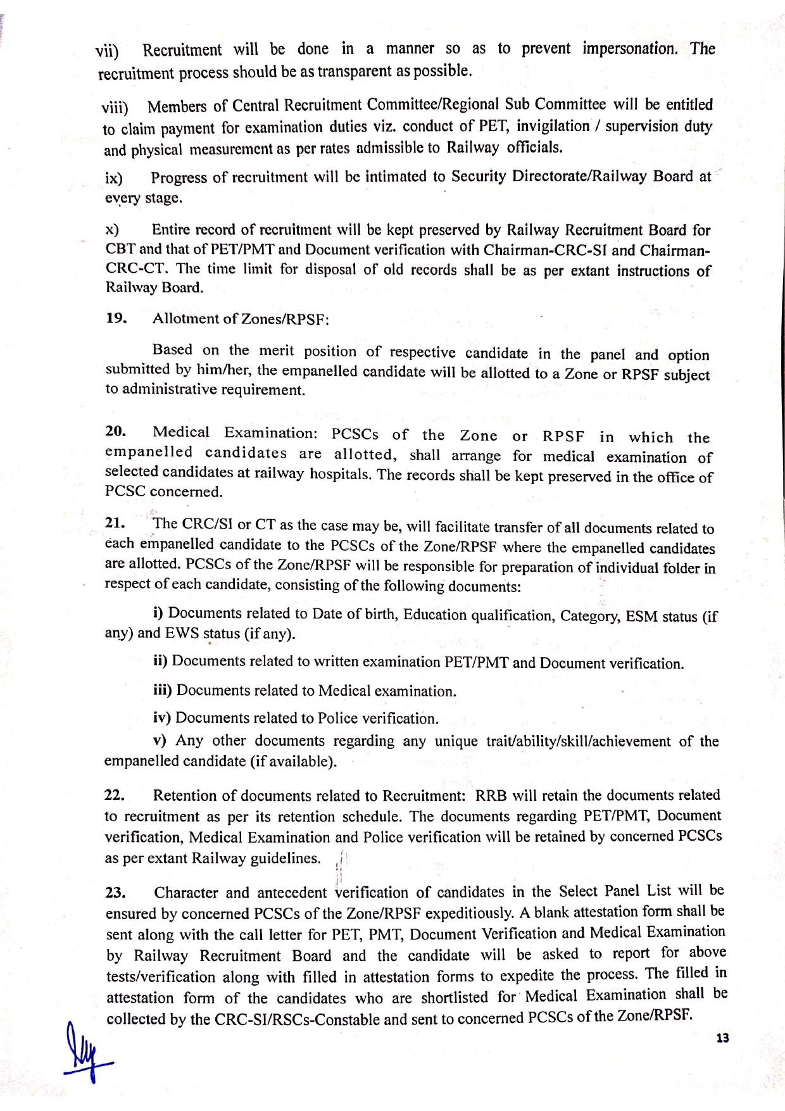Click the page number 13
722,1038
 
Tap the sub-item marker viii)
115,106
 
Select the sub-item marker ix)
114,179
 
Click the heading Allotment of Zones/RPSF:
241,319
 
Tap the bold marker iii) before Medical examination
163,690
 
